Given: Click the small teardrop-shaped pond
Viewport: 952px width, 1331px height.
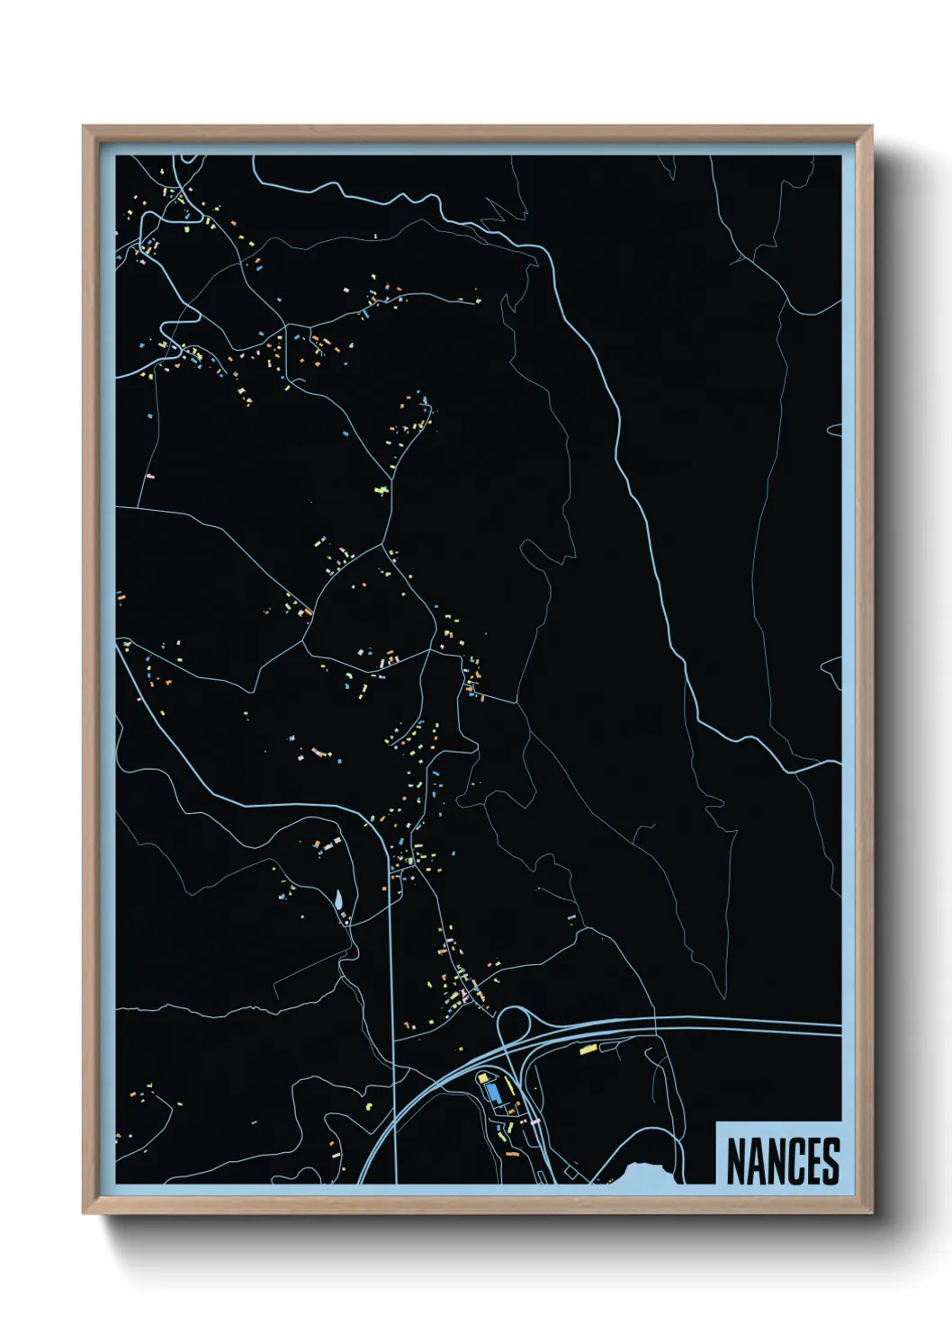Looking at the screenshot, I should point(337,899).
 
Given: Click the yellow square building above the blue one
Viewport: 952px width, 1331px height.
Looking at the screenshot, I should point(481,1076).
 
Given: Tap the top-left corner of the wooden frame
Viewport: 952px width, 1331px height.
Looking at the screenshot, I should point(84,127).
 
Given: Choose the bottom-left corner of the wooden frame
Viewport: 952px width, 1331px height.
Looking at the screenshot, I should point(84,1213).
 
